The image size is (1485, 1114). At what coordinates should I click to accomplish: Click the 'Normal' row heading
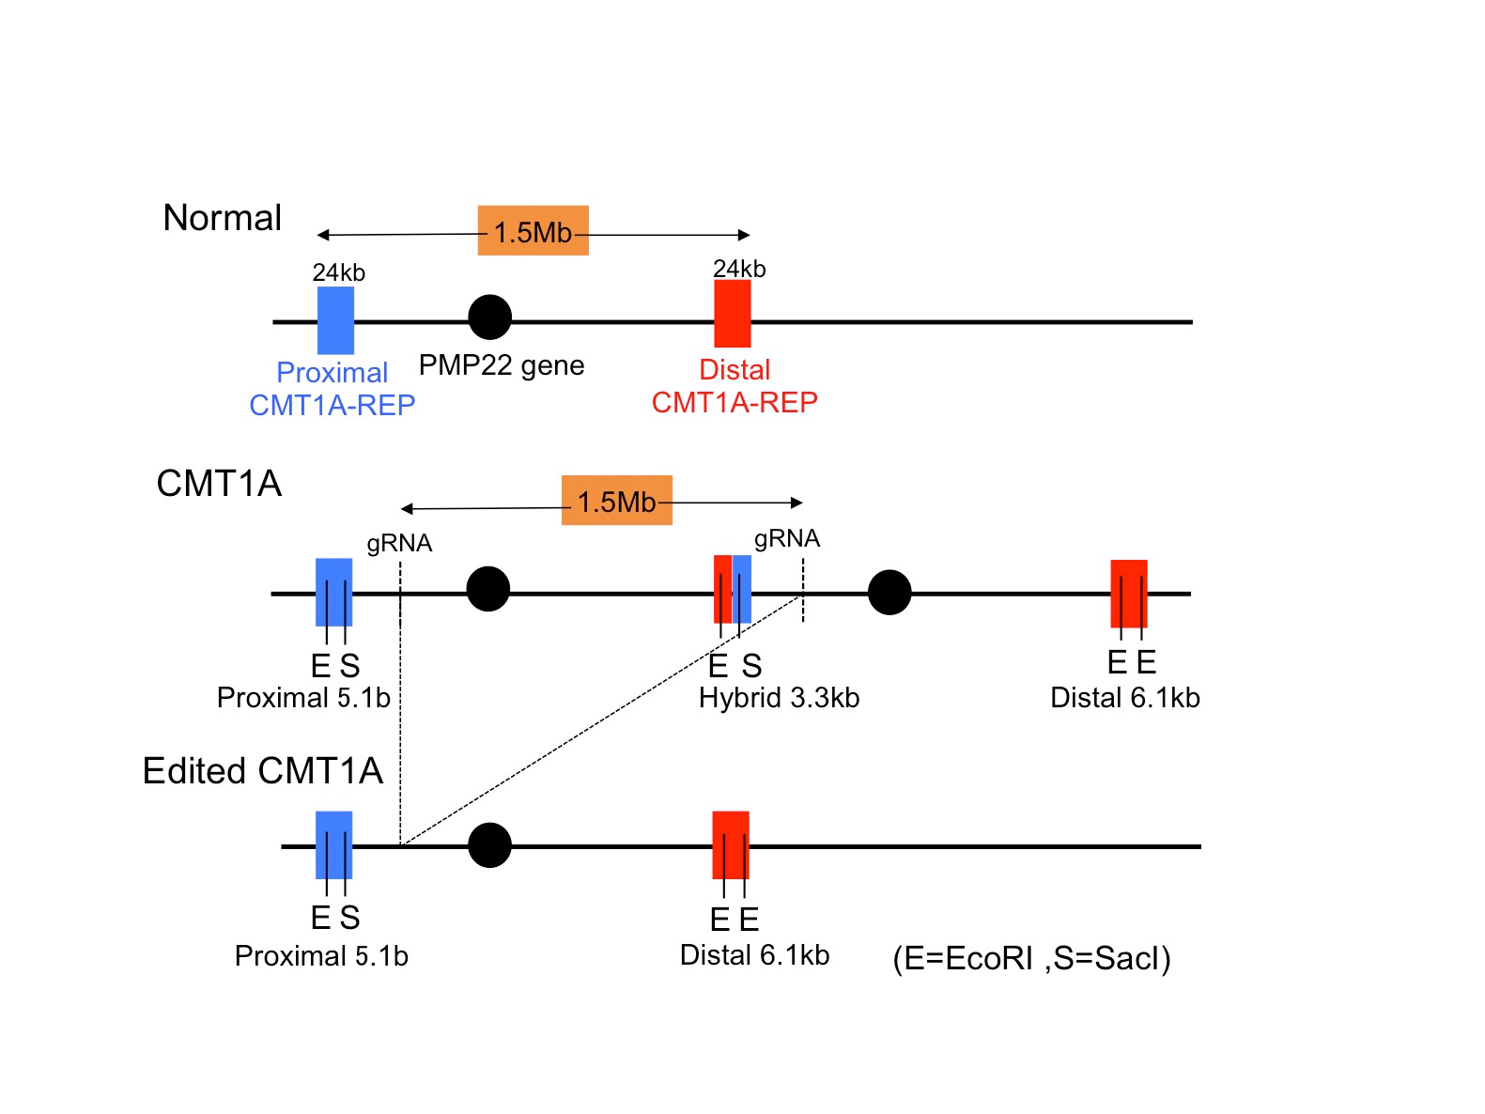[x=222, y=218]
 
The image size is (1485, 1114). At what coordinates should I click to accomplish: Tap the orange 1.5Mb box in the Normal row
[x=533, y=231]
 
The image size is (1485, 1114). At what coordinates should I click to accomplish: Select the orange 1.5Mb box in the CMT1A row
[x=616, y=501]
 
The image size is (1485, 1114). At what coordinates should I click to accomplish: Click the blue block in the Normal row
[x=335, y=320]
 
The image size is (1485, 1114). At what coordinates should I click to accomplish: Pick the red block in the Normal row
[x=732, y=314]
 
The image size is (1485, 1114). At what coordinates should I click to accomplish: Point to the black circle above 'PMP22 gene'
[x=489, y=317]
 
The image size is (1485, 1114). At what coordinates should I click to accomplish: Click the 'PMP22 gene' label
[x=501, y=365]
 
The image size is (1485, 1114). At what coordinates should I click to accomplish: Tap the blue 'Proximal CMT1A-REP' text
[x=332, y=389]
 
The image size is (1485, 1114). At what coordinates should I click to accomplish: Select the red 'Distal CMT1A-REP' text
[x=735, y=386]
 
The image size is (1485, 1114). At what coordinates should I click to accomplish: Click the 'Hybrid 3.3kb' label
[x=779, y=698]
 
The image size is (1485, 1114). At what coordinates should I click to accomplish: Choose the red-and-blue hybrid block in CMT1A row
[x=732, y=590]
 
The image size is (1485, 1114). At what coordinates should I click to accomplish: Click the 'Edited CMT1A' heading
[x=262, y=771]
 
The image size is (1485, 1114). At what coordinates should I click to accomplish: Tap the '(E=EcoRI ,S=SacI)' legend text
[x=1031, y=959]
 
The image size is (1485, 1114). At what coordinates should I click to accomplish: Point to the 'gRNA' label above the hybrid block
[x=786, y=539]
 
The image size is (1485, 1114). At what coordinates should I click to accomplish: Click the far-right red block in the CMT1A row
[x=1128, y=594]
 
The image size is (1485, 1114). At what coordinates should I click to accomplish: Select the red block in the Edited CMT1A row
[x=730, y=844]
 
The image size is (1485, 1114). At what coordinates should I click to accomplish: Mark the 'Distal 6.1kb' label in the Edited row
[x=754, y=956]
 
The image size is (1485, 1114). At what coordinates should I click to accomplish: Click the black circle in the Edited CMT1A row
[x=489, y=845]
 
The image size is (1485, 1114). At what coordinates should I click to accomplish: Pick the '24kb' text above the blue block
[x=338, y=272]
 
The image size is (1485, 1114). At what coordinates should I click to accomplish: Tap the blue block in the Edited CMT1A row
[x=333, y=844]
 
